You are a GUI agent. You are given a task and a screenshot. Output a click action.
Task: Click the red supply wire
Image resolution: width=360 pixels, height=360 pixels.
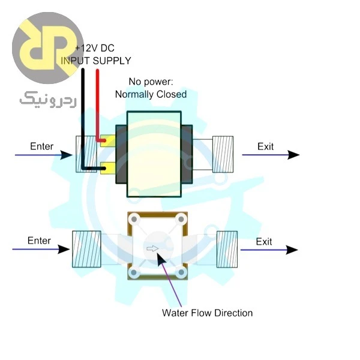[98, 106]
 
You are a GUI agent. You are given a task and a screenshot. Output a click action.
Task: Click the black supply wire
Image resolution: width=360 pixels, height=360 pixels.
[83, 119]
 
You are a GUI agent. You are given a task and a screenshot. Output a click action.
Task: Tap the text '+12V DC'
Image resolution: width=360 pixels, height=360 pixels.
[95, 48]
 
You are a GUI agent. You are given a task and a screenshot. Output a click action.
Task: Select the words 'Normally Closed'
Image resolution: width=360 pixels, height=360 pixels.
[151, 94]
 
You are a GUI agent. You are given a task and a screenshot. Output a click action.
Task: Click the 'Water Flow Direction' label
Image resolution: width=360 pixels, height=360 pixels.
[208, 313]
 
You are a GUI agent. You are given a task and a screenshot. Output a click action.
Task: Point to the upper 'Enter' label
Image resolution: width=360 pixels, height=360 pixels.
[42, 146]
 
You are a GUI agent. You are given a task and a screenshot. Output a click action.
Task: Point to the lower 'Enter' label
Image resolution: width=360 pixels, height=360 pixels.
[39, 241]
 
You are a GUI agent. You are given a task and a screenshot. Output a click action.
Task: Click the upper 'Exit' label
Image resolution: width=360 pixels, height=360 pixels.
[265, 146]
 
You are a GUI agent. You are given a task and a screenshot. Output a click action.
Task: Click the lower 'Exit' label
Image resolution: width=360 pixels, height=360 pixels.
[264, 242]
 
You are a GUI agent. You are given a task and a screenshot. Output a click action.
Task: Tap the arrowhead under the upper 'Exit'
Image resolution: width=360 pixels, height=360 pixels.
[293, 155]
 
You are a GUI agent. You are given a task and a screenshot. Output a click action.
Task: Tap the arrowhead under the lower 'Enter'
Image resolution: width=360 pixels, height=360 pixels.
[64, 250]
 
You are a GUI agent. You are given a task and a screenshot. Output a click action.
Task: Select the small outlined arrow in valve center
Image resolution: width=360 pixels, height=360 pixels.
[152, 248]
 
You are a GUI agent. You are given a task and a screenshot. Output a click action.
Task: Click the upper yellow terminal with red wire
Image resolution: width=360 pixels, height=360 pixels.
[108, 140]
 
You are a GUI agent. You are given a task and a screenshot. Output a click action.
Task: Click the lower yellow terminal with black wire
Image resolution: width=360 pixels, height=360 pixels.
[108, 168]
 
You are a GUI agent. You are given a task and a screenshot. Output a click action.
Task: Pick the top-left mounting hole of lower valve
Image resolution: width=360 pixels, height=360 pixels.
[134, 219]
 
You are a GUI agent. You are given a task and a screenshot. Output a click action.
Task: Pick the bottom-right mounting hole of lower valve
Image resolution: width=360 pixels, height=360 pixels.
[181, 272]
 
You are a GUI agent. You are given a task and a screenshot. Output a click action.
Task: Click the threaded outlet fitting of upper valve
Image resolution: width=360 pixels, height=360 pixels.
[223, 154]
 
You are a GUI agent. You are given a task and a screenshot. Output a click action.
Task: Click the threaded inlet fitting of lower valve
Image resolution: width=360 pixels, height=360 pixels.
[86, 249]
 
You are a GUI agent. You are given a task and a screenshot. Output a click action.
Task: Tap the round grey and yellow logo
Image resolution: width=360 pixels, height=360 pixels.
[48, 48]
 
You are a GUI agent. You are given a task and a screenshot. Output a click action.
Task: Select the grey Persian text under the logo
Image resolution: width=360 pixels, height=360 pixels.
[48, 100]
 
